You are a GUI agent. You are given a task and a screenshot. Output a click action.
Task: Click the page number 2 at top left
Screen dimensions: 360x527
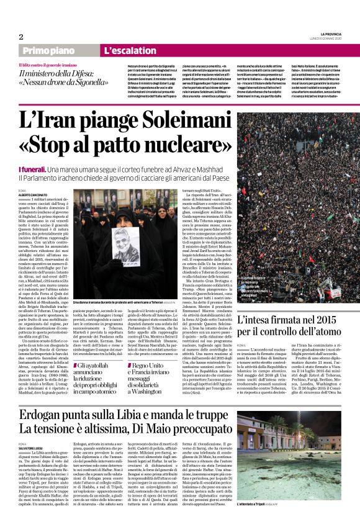(x=20, y=37)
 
